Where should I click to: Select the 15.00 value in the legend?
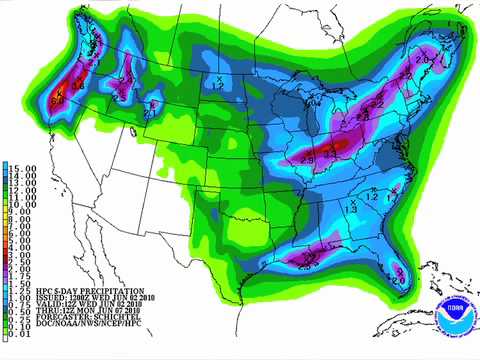[22, 167]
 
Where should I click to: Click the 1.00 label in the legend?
[22, 295]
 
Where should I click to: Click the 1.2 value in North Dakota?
[223, 84]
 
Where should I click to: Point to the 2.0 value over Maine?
[423, 58]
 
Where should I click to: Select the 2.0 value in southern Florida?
[398, 281]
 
